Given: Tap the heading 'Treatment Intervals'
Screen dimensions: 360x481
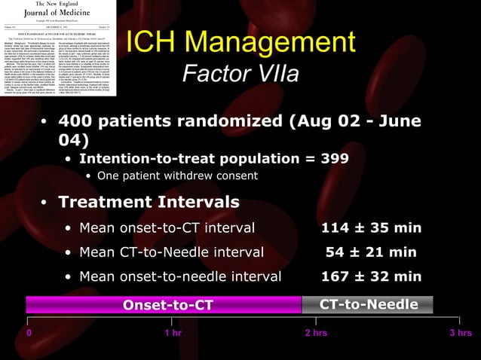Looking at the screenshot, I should [149, 202].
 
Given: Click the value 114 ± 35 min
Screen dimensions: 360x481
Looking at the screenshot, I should [371, 228].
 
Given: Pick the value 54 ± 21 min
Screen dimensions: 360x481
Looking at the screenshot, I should [371, 252].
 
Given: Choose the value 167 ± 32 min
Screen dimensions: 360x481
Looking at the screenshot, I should [371, 276].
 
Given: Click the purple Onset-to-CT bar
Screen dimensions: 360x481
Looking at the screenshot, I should [164, 305].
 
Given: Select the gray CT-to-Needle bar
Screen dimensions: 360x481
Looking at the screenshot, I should [368, 305].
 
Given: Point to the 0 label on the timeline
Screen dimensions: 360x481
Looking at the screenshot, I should [29, 333].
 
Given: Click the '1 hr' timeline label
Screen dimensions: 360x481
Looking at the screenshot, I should [173, 333].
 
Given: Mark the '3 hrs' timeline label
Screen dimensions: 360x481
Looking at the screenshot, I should [460, 333].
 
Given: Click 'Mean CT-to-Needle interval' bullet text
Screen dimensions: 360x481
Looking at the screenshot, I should [171, 252].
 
